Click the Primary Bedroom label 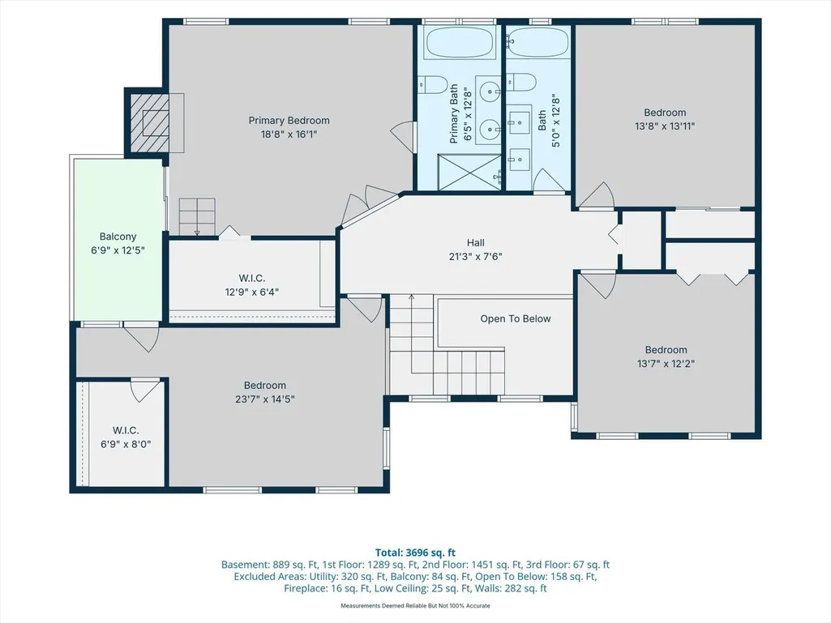tap(289, 121)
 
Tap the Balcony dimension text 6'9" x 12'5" tap(118, 250)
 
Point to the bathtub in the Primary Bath tap(460, 42)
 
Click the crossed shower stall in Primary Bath tap(469, 172)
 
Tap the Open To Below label tap(515, 319)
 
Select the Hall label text tap(475, 242)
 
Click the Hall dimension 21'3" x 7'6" tap(475, 257)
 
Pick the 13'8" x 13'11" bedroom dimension tap(665, 126)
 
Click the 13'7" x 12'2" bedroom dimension tap(666, 364)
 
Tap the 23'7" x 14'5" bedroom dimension tap(264, 399)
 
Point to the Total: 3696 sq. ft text tap(415, 553)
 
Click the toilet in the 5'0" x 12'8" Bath tap(521, 82)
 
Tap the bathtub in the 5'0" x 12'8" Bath tap(538, 42)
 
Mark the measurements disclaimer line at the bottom tap(415, 605)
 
